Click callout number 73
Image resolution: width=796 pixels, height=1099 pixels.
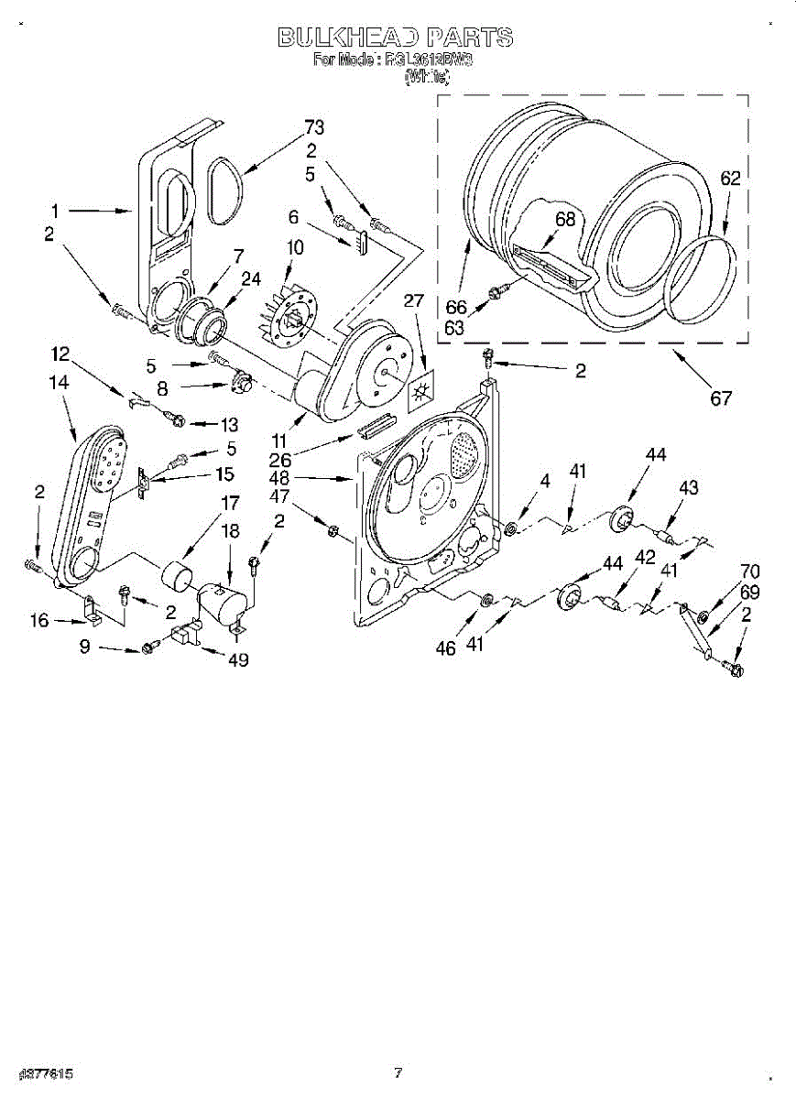(314, 127)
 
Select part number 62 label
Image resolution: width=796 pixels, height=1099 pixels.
(729, 180)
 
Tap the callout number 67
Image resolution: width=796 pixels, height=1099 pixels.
(722, 398)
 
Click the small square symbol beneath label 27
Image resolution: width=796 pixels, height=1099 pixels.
(422, 390)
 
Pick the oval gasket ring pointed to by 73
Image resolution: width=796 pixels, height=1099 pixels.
(225, 190)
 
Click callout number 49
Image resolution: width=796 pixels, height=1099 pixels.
(239, 658)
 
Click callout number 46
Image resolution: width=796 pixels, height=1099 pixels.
(445, 647)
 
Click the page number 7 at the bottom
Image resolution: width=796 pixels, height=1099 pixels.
(398, 1072)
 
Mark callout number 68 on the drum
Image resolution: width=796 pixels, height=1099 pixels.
(565, 219)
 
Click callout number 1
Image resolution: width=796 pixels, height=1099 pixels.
(56, 211)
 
